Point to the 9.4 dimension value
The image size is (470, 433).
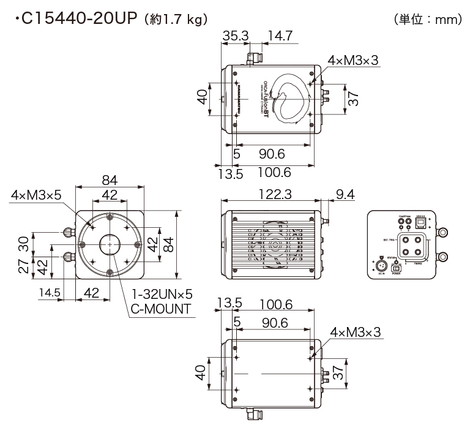[345, 194]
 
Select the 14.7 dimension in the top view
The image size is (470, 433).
[278, 36]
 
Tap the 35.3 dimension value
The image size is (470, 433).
[235, 36]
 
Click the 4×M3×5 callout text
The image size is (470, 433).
[36, 195]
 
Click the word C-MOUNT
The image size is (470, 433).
[160, 308]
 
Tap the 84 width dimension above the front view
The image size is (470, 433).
[110, 180]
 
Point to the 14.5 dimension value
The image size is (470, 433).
[49, 293]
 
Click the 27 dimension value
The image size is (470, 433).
[23, 266]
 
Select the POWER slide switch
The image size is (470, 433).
[396, 268]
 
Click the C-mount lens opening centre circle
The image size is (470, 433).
[110, 244]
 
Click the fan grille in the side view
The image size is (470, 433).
[275, 245]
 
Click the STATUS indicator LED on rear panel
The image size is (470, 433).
[396, 260]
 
